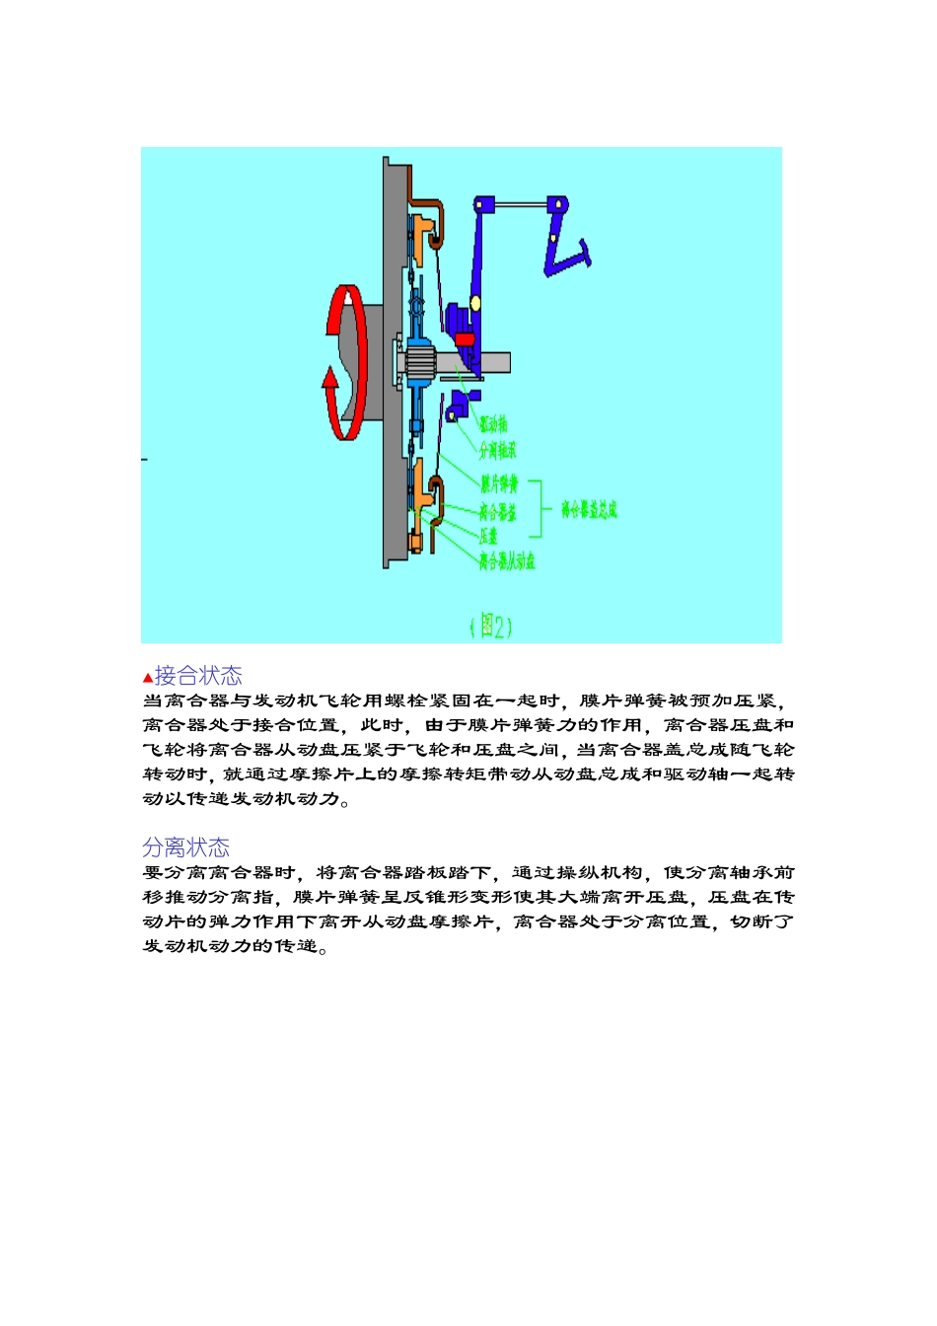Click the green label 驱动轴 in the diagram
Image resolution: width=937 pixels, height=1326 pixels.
493,424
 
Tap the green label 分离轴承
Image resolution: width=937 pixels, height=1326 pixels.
497,451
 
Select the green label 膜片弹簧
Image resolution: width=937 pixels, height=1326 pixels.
499,484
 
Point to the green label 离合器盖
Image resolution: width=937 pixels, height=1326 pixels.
498,511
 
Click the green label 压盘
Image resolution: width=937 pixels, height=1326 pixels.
488,536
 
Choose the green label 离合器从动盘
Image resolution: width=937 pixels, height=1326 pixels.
507,561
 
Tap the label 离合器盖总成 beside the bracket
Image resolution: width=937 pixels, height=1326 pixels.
589,510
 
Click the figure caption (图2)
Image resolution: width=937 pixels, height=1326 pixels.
490,626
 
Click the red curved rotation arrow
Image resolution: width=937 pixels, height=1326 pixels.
345,362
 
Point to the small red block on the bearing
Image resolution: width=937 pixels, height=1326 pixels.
465,339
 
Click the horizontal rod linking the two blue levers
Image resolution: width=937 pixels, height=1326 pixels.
520,205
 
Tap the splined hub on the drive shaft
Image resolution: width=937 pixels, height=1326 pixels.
421,362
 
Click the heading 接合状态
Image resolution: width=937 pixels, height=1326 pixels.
198,676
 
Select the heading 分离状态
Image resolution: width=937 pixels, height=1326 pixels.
186,847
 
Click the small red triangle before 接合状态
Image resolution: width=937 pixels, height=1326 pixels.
148,678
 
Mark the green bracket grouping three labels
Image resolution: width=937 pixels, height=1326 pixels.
539,509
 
